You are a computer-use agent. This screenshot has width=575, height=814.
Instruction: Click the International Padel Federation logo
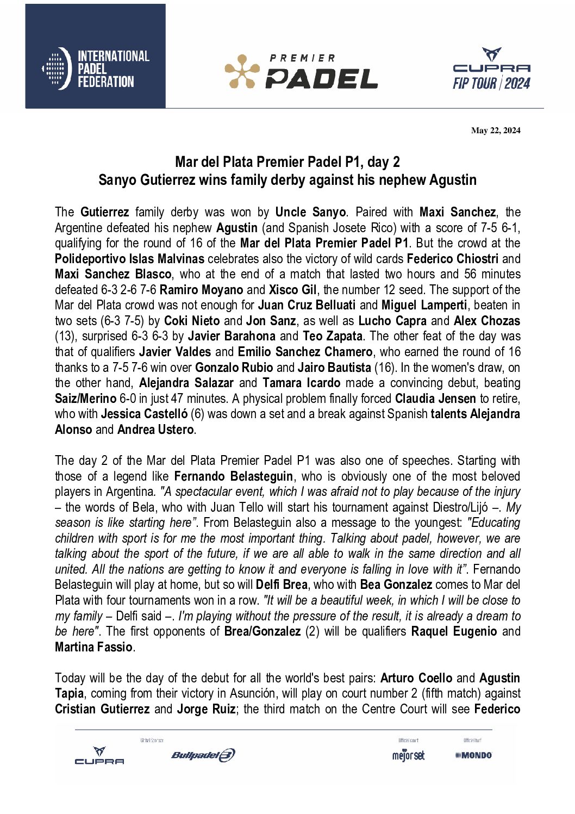pyautogui.click(x=96, y=69)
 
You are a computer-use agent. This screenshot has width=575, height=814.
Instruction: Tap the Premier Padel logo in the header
pyautogui.click(x=302, y=71)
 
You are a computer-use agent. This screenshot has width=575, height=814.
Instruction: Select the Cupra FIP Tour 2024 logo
pyautogui.click(x=491, y=69)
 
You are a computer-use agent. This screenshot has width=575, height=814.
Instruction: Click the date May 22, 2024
pyautogui.click(x=495, y=131)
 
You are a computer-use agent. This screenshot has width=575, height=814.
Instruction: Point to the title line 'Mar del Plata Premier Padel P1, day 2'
pyautogui.click(x=287, y=162)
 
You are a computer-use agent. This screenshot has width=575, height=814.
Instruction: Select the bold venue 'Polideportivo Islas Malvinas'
pyautogui.click(x=129, y=259)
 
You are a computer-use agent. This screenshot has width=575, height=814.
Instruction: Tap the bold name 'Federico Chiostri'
pyautogui.click(x=452, y=259)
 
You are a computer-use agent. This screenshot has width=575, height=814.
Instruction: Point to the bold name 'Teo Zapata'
pyautogui.click(x=333, y=337)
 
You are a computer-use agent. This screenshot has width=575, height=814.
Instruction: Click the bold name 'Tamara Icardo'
pyautogui.click(x=302, y=383)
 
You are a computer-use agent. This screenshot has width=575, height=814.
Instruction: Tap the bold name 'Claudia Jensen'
pyautogui.click(x=435, y=399)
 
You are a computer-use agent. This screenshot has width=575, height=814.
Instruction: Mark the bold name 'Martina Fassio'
pyautogui.click(x=93, y=647)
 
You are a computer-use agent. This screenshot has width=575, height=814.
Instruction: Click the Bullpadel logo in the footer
pyautogui.click(x=203, y=755)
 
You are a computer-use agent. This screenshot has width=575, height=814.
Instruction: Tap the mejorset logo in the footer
pyautogui.click(x=408, y=755)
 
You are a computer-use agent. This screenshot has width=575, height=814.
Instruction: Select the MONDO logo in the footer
pyautogui.click(x=474, y=755)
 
